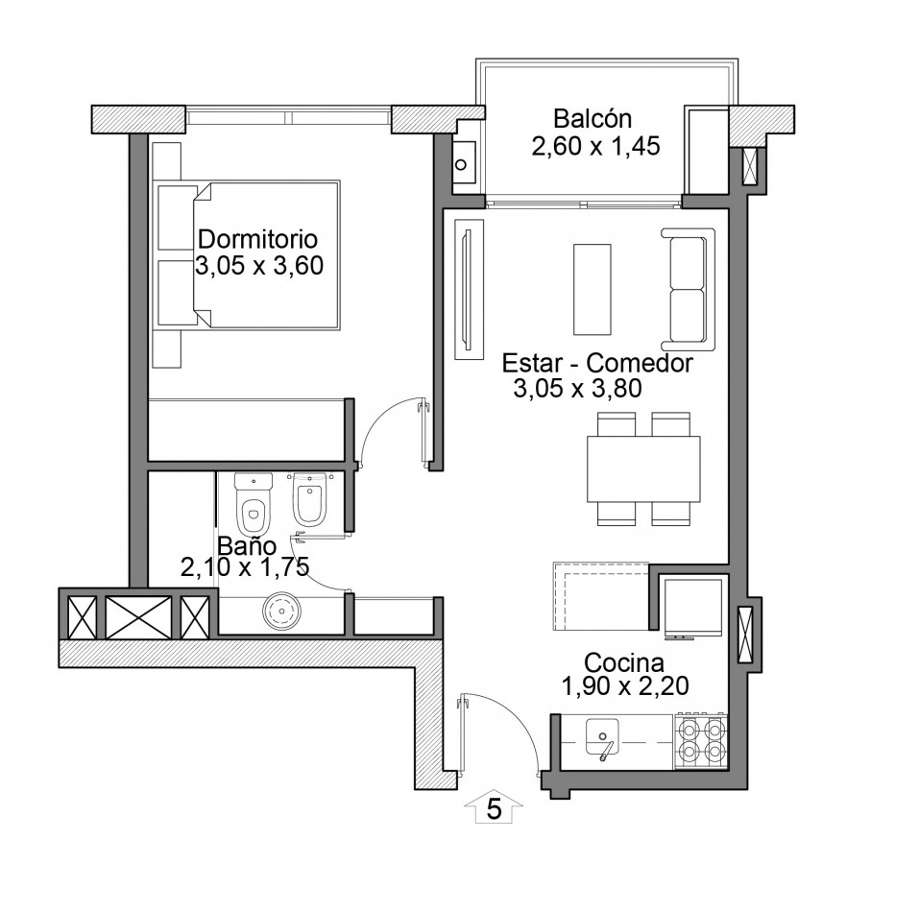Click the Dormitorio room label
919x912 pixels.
coord(258,239)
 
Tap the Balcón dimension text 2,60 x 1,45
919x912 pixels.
coord(595,146)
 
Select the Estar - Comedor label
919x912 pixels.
coord(597,363)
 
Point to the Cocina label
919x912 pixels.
coord(624,662)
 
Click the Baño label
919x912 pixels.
coord(247,545)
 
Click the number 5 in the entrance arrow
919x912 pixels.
coord(495,809)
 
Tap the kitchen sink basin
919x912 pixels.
coord(602,737)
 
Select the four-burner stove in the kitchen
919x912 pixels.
coord(702,740)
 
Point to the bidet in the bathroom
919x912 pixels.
coord(309,499)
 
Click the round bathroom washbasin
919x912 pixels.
coord(282,612)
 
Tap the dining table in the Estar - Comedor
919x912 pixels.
coord(643,469)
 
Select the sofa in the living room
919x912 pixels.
coord(689,289)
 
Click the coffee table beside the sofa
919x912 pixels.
coord(592,289)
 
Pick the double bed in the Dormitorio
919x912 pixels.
coord(266,254)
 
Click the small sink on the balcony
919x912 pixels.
coord(461,163)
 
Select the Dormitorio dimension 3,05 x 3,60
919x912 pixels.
coord(259,265)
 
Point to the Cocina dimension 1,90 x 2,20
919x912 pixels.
coord(625,685)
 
